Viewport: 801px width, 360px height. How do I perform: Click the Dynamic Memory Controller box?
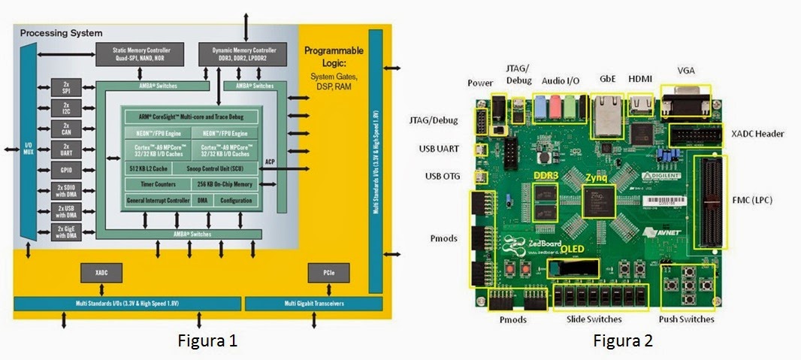pos(243,54)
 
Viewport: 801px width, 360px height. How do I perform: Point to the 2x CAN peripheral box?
pos(66,127)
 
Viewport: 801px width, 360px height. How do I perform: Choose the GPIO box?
pos(66,171)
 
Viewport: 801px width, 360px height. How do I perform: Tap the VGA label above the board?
pos(685,71)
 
